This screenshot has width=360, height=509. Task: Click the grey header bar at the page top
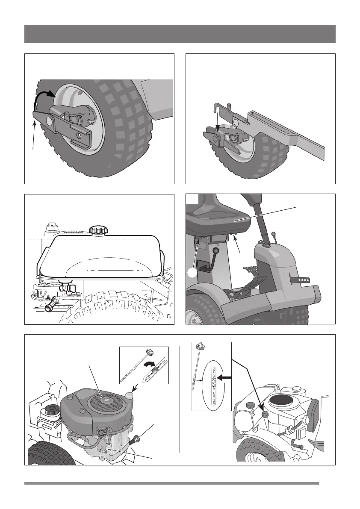coord(180,34)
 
